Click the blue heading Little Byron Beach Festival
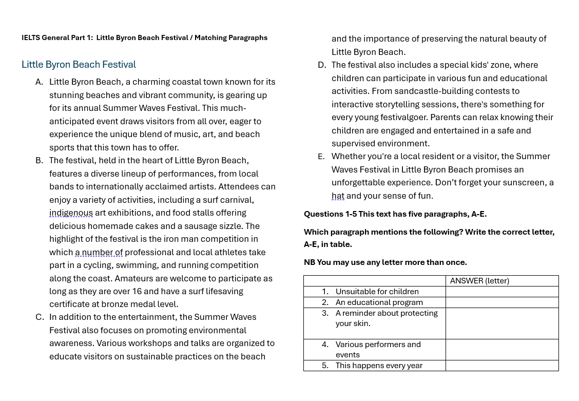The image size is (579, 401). coord(79,65)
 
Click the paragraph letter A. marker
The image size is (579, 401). coord(39,82)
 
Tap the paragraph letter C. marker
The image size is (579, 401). coord(40,317)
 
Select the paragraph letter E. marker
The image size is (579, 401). coord(321,157)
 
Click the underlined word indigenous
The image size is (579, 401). coord(71,213)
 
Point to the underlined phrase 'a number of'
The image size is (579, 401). coord(99,253)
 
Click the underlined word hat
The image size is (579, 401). coord(338,196)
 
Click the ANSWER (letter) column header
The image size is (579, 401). coord(479,281)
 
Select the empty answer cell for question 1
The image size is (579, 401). coord(501,292)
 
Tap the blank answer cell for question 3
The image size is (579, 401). coord(501,323)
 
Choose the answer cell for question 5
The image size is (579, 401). coord(501,366)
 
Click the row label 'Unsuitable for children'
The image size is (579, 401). coord(377,292)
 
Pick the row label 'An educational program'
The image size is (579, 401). coord(379,302)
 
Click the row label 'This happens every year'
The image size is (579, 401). coord(379,366)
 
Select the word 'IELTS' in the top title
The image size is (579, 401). coord(31,38)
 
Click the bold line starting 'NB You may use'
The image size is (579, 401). coord(385,262)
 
